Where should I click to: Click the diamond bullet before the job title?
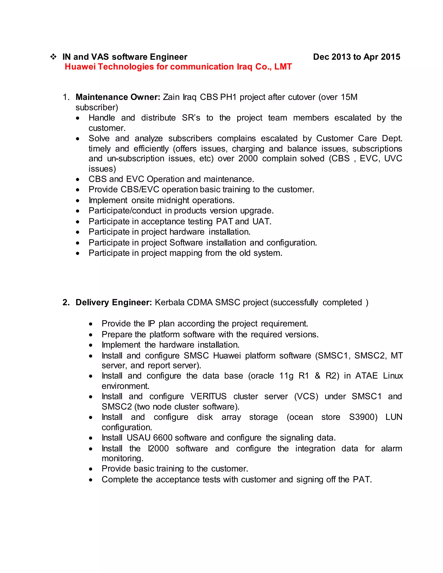53,57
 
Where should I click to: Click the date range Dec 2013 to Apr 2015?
356,57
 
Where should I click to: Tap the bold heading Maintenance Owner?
118,97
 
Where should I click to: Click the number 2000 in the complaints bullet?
248,158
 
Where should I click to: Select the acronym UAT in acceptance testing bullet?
261,221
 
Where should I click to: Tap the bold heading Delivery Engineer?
114,302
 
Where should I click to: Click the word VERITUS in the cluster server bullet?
208,396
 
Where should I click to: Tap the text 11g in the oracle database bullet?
286,376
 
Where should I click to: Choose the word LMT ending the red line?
283,67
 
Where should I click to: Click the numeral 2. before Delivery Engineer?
66,302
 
